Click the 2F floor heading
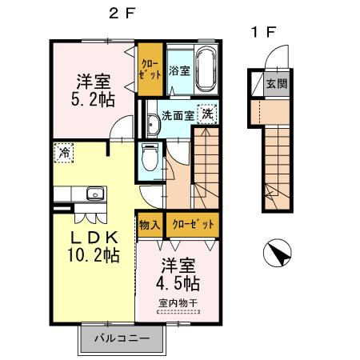[120, 14]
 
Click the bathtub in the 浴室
[206, 70]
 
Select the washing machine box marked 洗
[207, 114]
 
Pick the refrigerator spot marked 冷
[62, 151]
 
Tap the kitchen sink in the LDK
[94, 193]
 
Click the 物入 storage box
[149, 224]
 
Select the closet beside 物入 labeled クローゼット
[193, 224]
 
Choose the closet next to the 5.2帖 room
[149, 69]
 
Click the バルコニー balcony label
[122, 338]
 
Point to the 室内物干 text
[178, 303]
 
